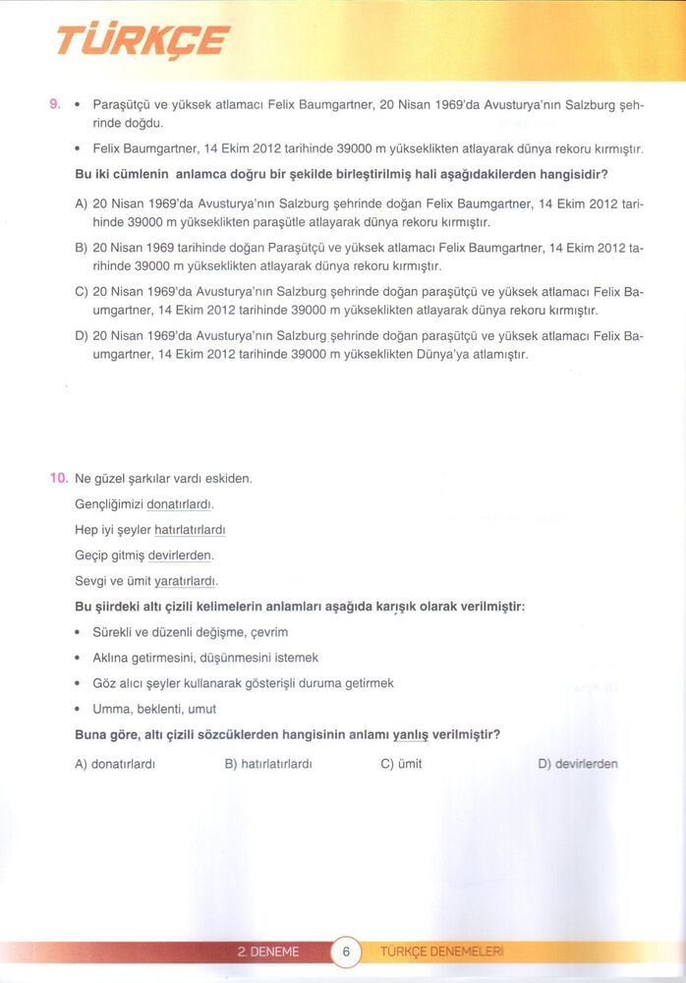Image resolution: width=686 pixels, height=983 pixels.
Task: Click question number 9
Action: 56,103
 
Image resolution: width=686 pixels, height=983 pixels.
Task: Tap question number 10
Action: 58,478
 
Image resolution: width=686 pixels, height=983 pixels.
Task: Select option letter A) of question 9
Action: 82,203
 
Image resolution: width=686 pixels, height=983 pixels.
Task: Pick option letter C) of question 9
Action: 82,292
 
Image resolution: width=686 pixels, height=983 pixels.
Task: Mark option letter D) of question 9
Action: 82,336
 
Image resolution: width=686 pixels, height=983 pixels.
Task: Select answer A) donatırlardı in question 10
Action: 115,764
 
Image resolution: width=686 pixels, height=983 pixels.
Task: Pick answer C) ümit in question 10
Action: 400,764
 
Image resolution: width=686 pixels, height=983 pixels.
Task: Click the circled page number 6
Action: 346,952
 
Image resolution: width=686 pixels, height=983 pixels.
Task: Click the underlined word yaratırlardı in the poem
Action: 186,581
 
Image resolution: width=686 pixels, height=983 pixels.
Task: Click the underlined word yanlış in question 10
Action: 413,734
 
